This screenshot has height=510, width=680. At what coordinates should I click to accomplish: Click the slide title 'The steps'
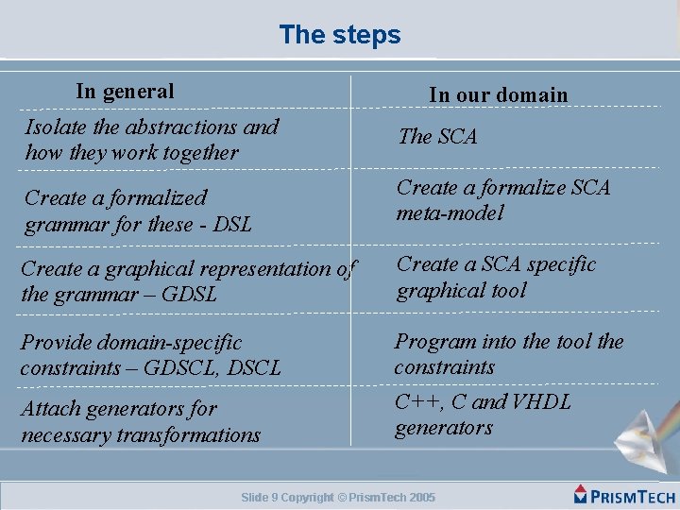[x=340, y=35]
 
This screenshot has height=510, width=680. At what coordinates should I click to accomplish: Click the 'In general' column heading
[x=125, y=92]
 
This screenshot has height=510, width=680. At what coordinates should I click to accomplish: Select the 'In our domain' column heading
[x=498, y=94]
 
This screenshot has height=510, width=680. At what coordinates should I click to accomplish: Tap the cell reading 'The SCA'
[x=438, y=137]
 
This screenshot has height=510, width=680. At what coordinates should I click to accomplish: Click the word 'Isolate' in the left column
[x=56, y=127]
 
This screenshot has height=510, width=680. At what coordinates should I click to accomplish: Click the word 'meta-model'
[x=450, y=213]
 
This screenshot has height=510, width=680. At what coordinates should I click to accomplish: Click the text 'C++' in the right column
[x=416, y=402]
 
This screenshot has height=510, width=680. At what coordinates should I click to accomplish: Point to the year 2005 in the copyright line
[x=422, y=498]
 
